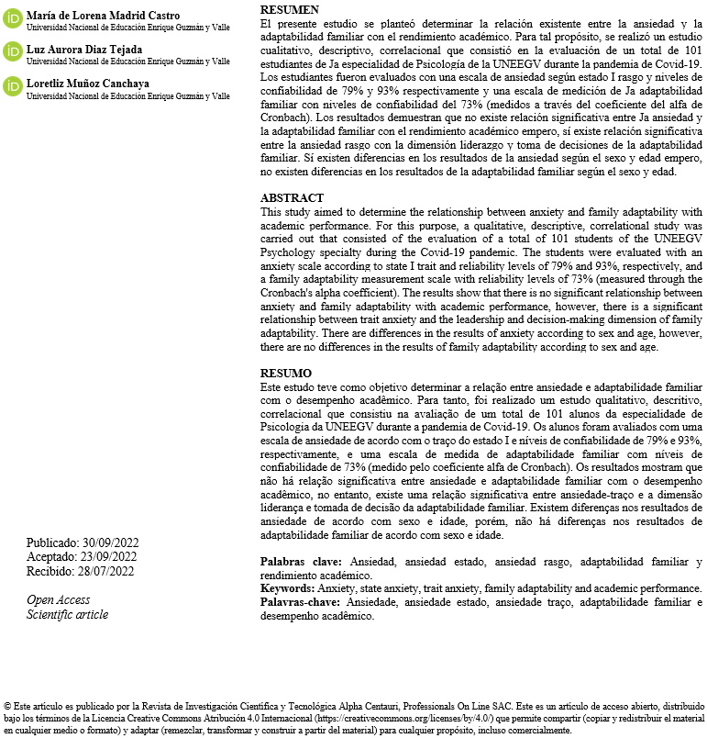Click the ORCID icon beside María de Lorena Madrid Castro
[13, 19]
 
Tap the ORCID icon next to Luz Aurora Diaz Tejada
[13, 51]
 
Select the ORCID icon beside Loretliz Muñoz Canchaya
[13, 86]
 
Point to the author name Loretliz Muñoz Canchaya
[87, 83]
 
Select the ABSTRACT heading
[292, 198]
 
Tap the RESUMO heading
[286, 374]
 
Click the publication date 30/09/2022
[105, 542]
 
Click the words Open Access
[59, 600]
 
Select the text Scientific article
[67, 614]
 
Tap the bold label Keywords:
[288, 588]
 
